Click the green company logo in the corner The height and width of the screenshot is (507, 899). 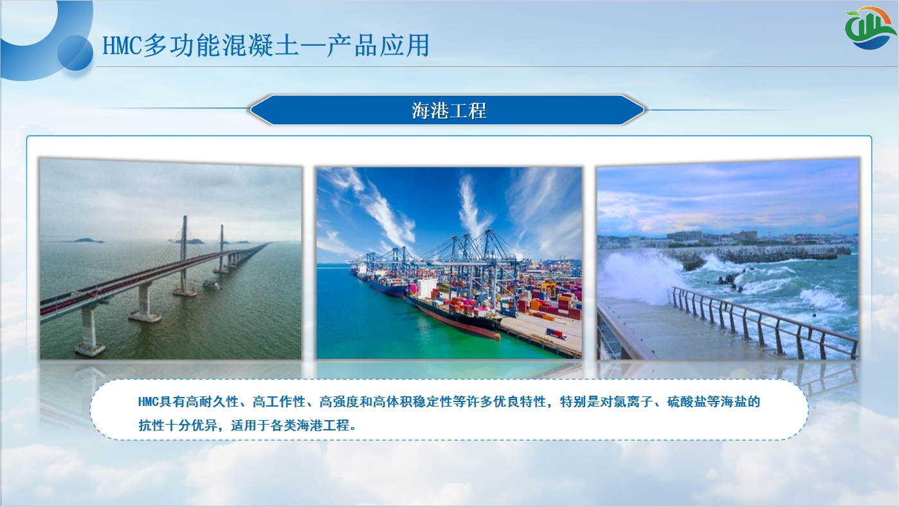point(870,28)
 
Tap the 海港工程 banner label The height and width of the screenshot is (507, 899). point(449,111)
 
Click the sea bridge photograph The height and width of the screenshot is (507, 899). point(171,259)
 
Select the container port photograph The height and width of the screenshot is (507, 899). point(449,263)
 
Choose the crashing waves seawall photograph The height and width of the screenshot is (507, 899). point(728,259)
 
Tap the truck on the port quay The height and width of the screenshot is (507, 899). point(556,333)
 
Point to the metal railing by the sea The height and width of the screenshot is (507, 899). point(763,321)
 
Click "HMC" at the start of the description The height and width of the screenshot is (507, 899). point(149,402)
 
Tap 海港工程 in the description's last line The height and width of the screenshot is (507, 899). point(323,425)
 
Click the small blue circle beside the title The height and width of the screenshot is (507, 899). point(75,53)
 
